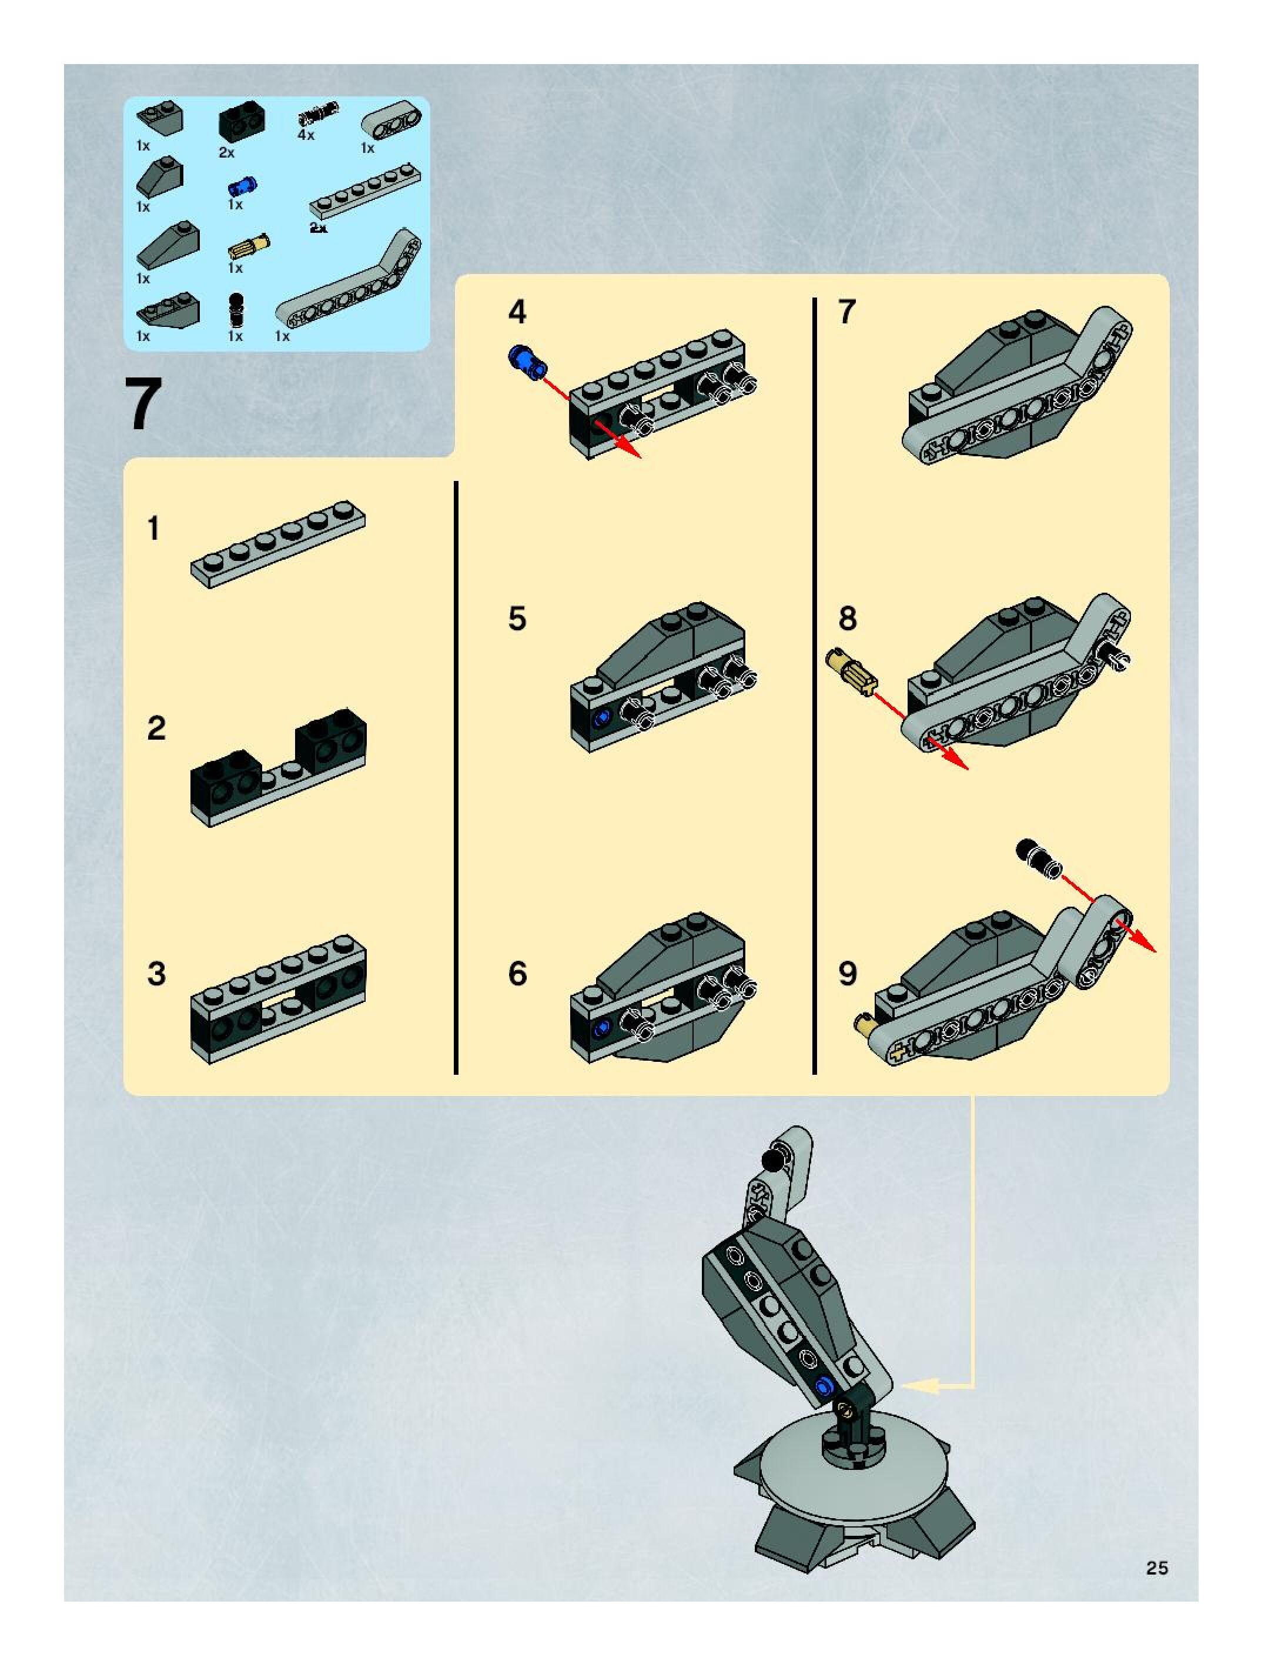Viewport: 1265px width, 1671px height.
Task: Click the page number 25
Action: (x=1156, y=1568)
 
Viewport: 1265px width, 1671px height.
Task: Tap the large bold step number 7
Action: (x=143, y=405)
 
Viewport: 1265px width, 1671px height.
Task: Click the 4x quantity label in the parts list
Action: (x=306, y=135)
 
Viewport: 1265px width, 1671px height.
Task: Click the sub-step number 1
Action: (x=154, y=529)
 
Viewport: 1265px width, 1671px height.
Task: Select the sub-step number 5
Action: (x=517, y=619)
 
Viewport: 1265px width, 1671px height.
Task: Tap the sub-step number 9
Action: (x=848, y=974)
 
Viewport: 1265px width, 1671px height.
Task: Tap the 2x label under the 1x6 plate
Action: (x=319, y=228)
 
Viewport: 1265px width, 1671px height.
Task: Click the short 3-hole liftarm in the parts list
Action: (x=391, y=121)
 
